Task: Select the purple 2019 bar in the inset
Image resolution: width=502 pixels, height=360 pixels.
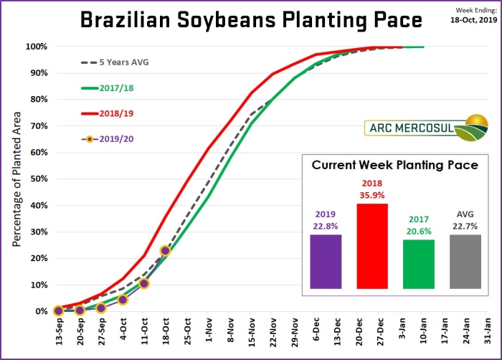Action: pos(326,262)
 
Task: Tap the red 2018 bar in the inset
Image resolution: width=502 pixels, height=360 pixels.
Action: pos(371,246)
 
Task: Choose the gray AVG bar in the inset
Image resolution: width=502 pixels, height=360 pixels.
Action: pos(464,262)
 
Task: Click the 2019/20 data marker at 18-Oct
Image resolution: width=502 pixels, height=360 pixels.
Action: pos(166,251)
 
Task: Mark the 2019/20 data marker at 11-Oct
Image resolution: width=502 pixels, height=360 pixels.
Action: pos(144,283)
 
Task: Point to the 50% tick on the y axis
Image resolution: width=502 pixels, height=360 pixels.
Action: pos(38,179)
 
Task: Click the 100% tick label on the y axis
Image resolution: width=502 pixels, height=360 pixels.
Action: pos(37,47)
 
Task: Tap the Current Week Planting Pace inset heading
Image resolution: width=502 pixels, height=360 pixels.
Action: pos(394,165)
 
